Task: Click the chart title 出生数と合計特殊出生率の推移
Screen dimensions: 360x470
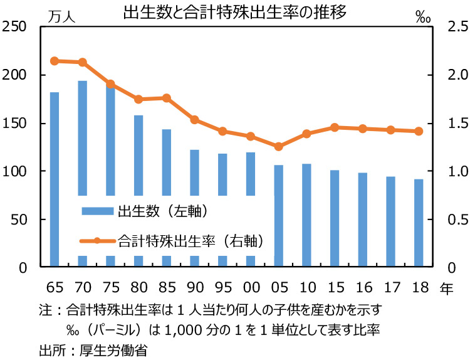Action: point(234,13)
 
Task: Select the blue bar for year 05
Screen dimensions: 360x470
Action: point(278,216)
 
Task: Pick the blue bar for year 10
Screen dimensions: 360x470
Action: point(306,216)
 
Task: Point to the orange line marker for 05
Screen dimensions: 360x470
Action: point(278,146)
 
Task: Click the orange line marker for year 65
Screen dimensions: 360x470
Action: point(55,61)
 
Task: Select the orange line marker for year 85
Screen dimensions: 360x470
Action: point(166,98)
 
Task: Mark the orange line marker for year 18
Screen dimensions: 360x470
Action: point(419,131)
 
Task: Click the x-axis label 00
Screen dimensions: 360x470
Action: point(250,288)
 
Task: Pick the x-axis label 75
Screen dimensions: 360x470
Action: point(110,288)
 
